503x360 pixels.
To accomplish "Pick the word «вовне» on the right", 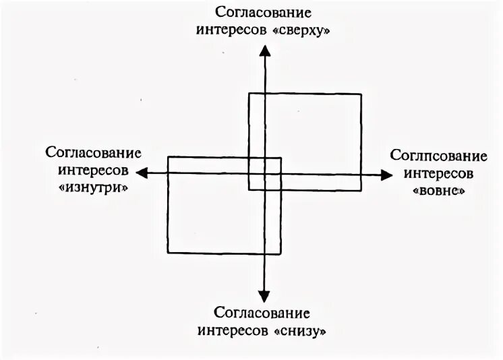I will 439,191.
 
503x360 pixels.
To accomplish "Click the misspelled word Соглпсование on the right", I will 439,156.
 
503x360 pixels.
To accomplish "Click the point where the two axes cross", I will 264,174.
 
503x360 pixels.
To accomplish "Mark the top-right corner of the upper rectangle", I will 361,94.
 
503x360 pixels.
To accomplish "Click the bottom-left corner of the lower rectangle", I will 168,253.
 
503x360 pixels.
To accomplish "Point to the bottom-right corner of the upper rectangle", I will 361,189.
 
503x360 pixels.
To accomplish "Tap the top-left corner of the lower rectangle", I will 168,157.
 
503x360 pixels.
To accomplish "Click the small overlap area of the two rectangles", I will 264,173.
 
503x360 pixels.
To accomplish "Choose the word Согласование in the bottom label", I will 262,313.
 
